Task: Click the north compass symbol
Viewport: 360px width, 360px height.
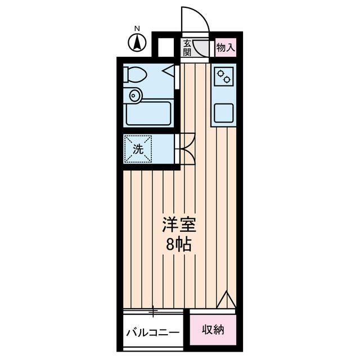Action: tap(137, 42)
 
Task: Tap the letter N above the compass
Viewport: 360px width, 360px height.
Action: tap(137, 28)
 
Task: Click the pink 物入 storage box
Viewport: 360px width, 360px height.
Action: tap(226, 48)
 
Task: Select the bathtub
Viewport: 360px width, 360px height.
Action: tap(148, 114)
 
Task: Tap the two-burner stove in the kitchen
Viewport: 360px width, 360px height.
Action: tap(223, 77)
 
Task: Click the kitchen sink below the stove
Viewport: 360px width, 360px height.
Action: tap(223, 113)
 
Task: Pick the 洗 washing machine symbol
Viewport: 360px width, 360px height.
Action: tap(138, 148)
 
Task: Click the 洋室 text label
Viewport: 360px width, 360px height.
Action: tap(179, 225)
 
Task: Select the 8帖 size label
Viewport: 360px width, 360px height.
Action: tap(179, 245)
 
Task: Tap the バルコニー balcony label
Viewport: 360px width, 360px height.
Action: tap(152, 331)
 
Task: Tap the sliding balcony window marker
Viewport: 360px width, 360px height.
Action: tap(152, 309)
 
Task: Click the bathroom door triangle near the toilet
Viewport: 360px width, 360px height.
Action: tap(169, 71)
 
